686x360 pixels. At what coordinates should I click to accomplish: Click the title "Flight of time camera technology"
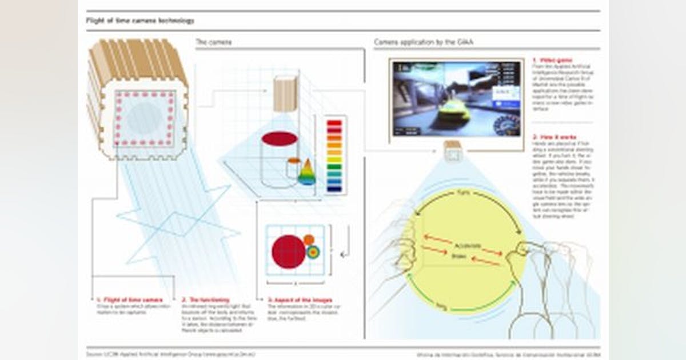pos(140,21)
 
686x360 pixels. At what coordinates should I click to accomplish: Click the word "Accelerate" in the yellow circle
pos(463,242)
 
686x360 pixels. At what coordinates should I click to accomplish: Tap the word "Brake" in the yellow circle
pos(459,256)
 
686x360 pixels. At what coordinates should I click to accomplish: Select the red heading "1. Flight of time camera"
pos(129,299)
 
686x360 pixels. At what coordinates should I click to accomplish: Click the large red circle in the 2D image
pos(289,251)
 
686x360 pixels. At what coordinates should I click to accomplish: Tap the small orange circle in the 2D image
pos(309,239)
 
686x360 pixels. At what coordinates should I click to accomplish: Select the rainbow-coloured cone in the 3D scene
pos(307,173)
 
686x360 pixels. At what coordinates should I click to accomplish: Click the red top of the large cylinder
pos(280,138)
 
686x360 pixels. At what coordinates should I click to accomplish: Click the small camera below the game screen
pos(453,150)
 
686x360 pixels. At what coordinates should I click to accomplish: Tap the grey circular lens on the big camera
pos(145,117)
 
